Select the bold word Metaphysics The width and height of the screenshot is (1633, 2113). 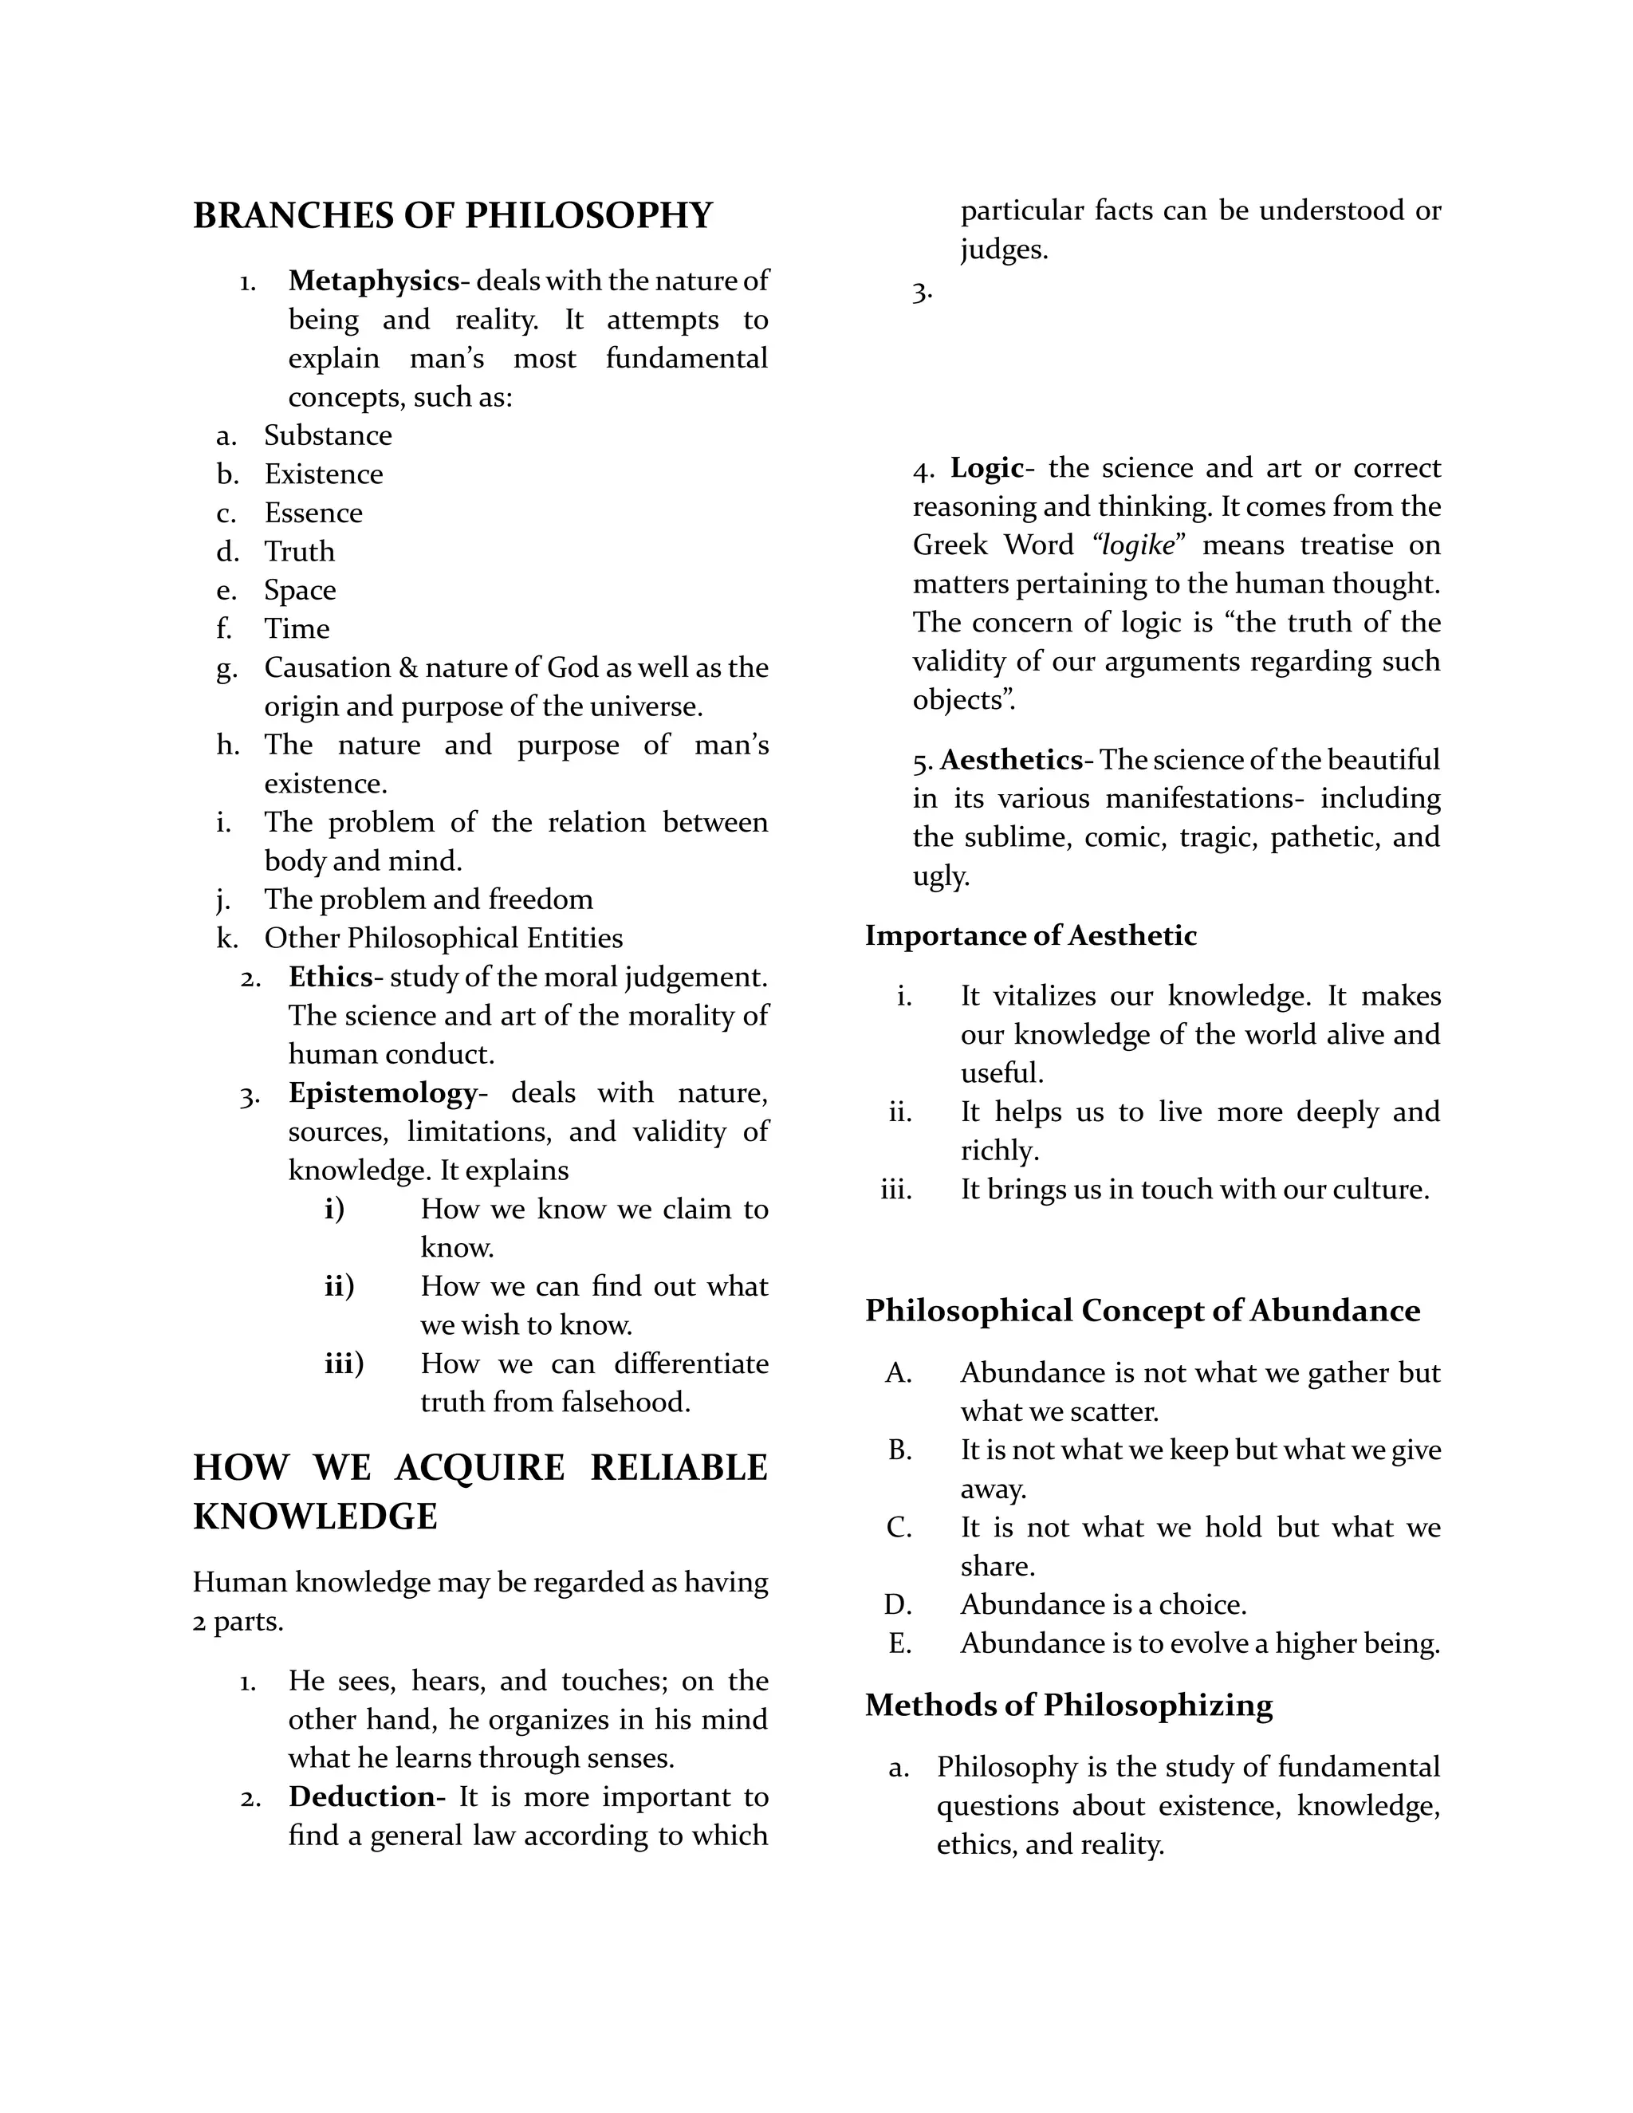click(x=372, y=281)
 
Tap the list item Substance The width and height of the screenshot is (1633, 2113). click(x=328, y=435)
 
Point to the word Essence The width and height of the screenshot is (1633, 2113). click(x=313, y=513)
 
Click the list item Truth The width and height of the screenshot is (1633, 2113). click(x=299, y=552)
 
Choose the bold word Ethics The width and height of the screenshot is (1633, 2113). click(x=330, y=978)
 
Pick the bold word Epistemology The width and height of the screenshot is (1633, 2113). click(x=383, y=1093)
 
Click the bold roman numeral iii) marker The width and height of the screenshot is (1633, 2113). click(x=344, y=1364)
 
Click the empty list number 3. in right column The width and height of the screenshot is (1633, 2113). click(x=922, y=292)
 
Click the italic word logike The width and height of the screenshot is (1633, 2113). click(x=1138, y=545)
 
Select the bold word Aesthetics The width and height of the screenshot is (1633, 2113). click(x=1011, y=761)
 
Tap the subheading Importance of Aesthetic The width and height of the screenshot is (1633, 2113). click(x=1030, y=935)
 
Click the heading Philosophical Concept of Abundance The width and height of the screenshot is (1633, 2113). click(x=1143, y=1311)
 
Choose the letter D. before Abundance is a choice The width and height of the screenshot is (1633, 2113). click(x=898, y=1605)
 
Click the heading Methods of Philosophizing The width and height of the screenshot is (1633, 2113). click(x=1068, y=1705)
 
